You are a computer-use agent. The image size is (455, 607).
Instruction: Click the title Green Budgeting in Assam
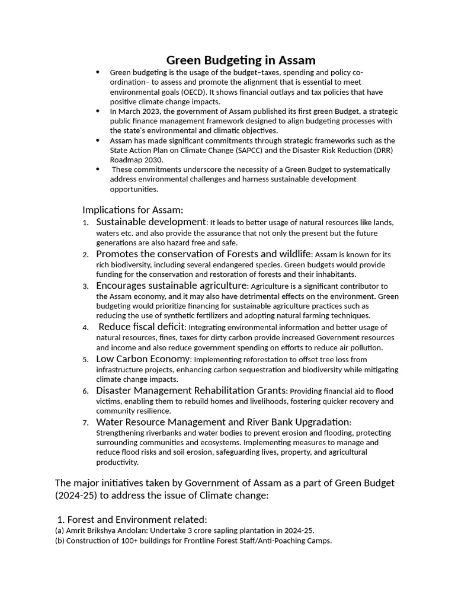coord(241,60)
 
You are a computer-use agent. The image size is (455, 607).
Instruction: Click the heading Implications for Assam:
coord(133,210)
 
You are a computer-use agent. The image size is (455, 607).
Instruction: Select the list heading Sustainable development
coord(151,222)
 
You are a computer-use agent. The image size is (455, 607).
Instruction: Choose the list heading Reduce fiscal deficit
coord(142,327)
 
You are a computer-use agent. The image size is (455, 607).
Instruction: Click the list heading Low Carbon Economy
coord(143,359)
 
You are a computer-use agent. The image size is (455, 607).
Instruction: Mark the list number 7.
coord(85,423)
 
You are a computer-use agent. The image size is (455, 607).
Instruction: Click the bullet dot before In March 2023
coord(98,111)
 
